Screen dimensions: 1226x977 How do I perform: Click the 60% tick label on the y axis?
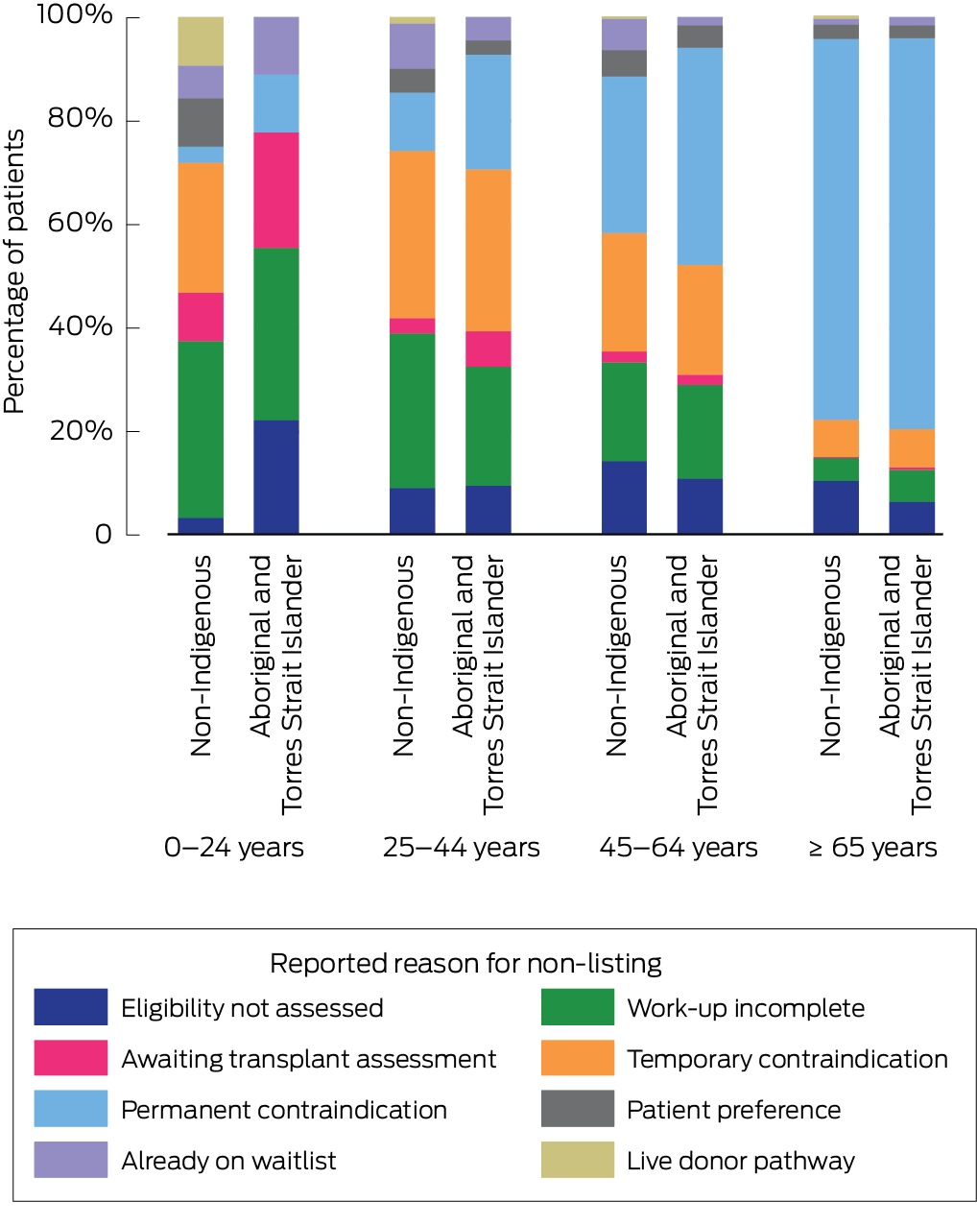click(x=80, y=223)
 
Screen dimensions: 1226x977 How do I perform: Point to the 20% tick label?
click(x=80, y=430)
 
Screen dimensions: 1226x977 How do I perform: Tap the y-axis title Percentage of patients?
click(x=14, y=273)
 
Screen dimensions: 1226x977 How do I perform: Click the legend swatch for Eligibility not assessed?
click(x=70, y=1007)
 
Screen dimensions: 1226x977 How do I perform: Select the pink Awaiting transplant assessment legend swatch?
click(x=70, y=1058)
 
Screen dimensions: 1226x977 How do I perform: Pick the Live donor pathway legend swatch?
click(x=577, y=1160)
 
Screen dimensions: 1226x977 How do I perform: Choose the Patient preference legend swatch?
click(x=577, y=1109)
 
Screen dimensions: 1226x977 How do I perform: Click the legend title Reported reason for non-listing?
click(x=465, y=963)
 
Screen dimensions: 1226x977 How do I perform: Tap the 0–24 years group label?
click(x=234, y=848)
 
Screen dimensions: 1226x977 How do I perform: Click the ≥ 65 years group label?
click(x=872, y=848)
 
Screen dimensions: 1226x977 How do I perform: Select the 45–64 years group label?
click(x=678, y=848)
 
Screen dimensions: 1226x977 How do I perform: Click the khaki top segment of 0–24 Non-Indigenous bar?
click(x=201, y=41)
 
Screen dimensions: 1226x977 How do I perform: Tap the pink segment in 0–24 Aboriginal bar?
click(x=276, y=190)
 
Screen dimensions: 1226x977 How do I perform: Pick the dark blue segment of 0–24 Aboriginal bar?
click(x=276, y=476)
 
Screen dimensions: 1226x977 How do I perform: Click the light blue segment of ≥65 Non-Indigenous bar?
click(x=836, y=228)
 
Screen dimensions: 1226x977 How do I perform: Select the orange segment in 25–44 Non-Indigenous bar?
click(x=412, y=234)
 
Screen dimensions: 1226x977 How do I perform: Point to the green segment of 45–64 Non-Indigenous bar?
click(x=624, y=412)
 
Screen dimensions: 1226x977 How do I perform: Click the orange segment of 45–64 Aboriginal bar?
click(x=700, y=319)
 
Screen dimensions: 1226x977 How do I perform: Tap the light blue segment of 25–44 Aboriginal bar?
click(x=488, y=111)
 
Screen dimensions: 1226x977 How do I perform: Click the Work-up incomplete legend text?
click(x=746, y=1008)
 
